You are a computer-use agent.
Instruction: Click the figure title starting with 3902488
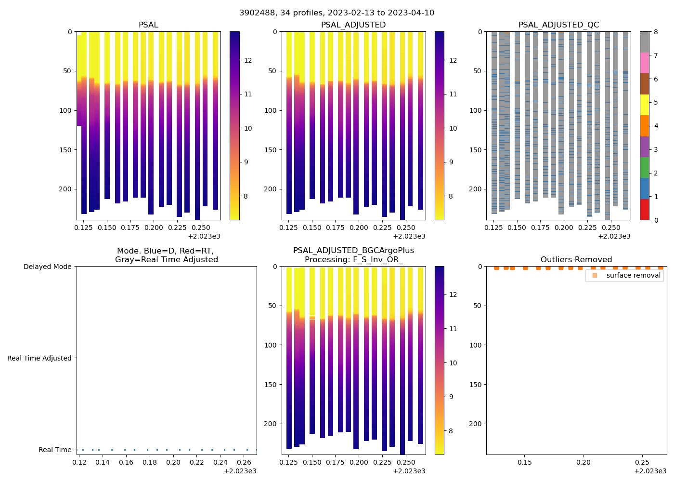click(x=337, y=13)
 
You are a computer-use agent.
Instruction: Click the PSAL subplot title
click(x=148, y=25)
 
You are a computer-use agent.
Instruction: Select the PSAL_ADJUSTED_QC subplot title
click(x=558, y=25)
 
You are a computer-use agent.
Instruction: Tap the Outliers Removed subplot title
click(x=576, y=260)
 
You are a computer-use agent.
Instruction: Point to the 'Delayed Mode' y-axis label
click(x=47, y=267)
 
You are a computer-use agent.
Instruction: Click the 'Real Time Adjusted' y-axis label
click(x=39, y=358)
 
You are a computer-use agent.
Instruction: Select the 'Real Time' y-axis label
click(x=55, y=450)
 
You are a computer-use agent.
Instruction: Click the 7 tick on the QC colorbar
click(x=655, y=55)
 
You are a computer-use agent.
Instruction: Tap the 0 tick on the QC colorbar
click(x=655, y=220)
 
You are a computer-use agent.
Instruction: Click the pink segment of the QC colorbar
click(x=645, y=63)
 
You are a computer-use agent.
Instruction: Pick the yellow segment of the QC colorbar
click(x=645, y=105)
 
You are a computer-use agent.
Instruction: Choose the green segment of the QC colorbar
click(x=645, y=168)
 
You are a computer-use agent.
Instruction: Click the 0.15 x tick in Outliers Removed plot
click(x=524, y=463)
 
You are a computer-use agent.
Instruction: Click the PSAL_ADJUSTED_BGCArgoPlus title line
click(x=353, y=251)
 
